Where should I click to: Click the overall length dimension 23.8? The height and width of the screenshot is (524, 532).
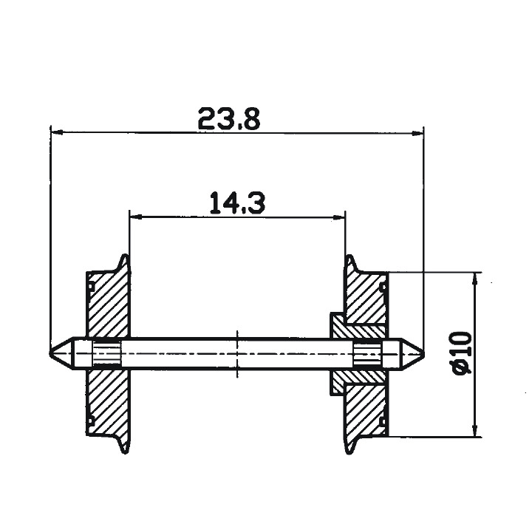[x=229, y=118]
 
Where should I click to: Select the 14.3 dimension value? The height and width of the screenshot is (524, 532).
[x=236, y=202]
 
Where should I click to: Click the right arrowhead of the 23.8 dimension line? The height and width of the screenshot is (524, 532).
[x=417, y=134]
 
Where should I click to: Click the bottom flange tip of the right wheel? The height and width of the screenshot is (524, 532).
[x=351, y=452]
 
